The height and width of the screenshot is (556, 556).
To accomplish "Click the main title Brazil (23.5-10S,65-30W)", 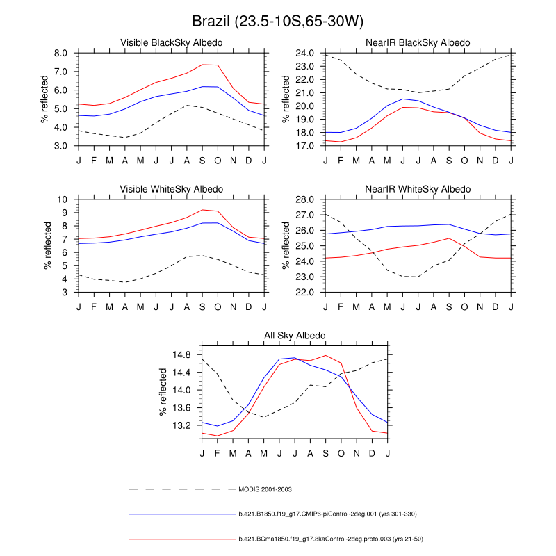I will click(278, 20).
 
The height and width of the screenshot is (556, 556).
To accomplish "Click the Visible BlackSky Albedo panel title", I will click(172, 43).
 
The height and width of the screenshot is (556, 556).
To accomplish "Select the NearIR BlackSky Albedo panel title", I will click(418, 43).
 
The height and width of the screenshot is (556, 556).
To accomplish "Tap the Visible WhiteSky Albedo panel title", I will click(172, 189).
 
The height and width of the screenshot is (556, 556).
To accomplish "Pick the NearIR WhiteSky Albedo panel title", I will click(418, 189).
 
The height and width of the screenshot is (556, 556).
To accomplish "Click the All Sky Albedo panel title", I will click(295, 336).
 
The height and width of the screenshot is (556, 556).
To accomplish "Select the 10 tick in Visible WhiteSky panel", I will click(63, 199).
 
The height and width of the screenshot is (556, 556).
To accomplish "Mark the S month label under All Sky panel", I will click(325, 454).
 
